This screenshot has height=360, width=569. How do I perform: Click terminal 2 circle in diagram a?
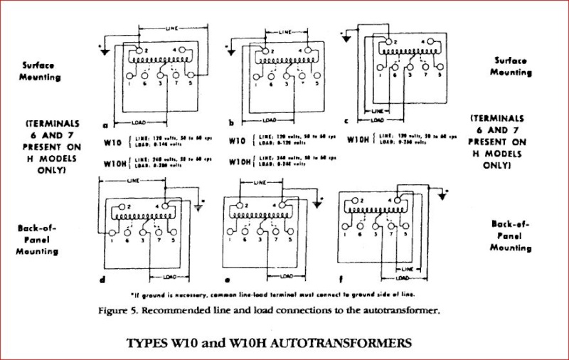point(132,51)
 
